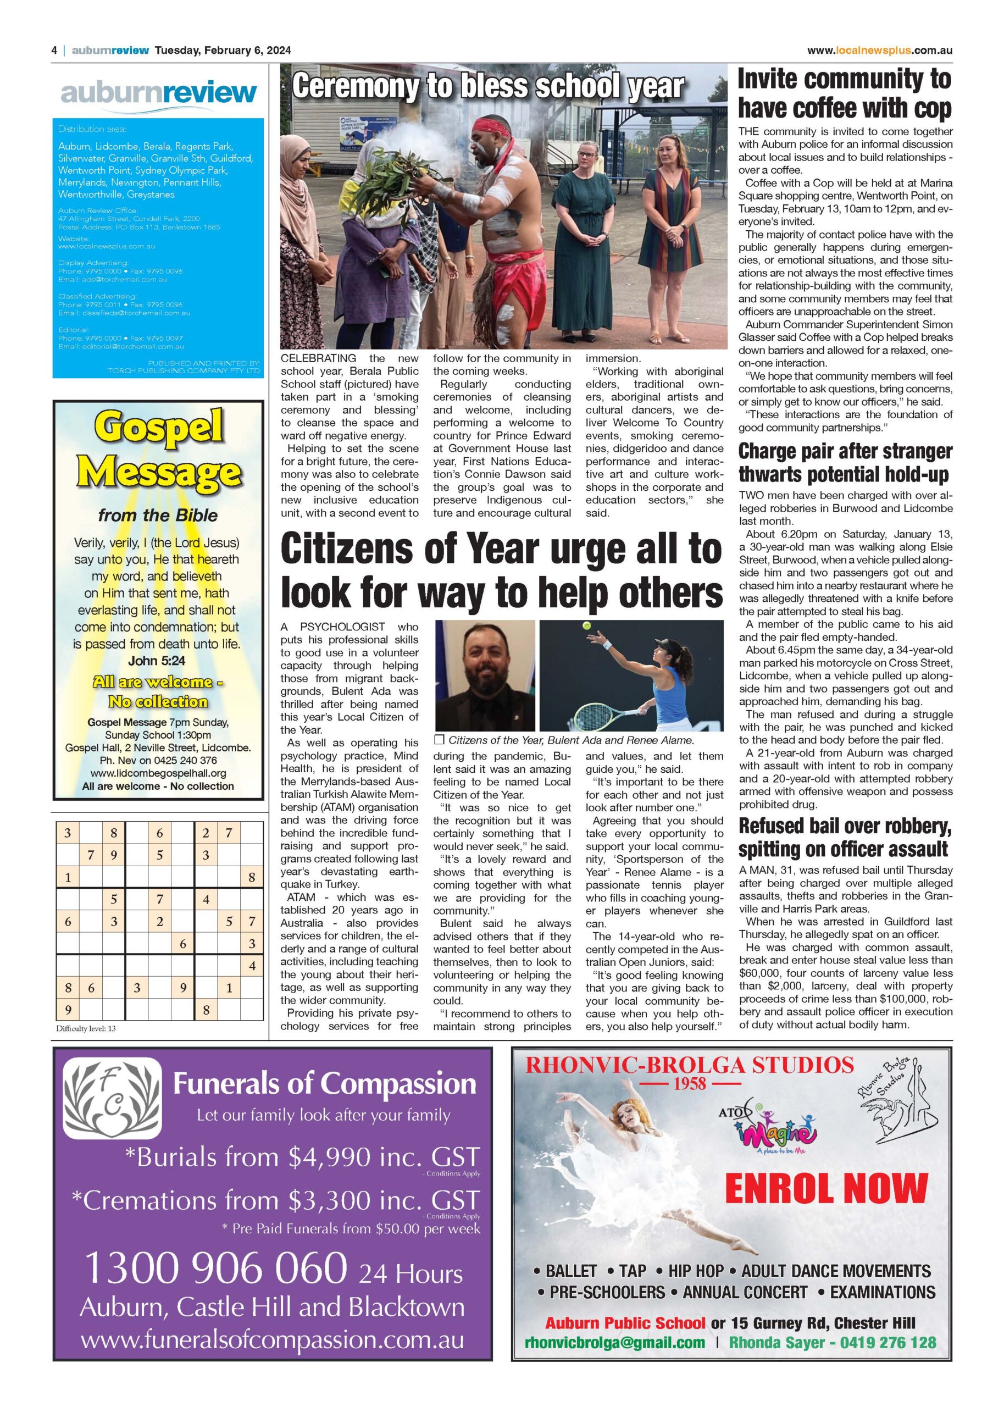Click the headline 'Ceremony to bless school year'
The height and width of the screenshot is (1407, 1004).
488,86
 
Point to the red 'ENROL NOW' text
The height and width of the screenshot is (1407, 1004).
826,1188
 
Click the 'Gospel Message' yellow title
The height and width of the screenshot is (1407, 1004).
158,450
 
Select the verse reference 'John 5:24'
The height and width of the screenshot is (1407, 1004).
157,661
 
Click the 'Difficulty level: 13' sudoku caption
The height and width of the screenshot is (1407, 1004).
86,1029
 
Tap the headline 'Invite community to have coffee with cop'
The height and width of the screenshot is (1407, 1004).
845,93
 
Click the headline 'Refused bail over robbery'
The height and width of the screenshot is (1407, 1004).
845,838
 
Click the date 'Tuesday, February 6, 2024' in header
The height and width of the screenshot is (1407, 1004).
223,51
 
